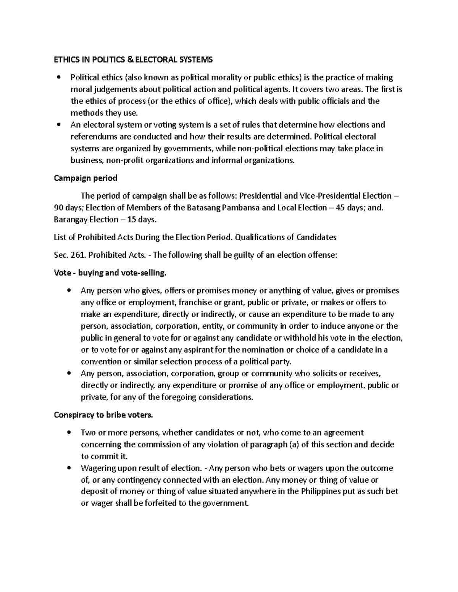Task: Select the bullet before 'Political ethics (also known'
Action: point(58,78)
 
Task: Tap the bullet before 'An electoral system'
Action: point(58,125)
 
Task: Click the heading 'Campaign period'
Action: point(85,178)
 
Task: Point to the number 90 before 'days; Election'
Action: point(59,208)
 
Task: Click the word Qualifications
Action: point(259,237)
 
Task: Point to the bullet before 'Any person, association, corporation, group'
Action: point(68,374)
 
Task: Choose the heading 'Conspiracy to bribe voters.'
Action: point(103,415)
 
